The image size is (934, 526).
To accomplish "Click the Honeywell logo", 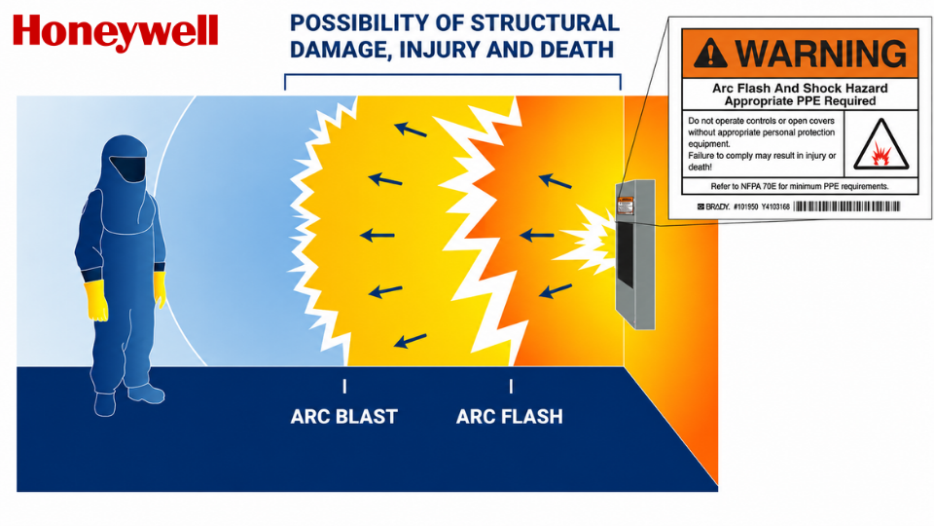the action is click(x=116, y=32).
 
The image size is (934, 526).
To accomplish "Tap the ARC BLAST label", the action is click(x=344, y=416).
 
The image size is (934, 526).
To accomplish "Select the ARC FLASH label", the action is click(x=510, y=416).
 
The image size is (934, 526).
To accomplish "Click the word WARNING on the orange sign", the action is click(x=821, y=53).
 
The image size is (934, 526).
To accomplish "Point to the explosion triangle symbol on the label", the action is click(x=881, y=145).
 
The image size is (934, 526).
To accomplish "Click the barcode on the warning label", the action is click(x=847, y=207).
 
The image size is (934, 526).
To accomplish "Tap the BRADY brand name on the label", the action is click(x=713, y=207).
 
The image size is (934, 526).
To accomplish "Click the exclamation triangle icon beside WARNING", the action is click(x=710, y=53).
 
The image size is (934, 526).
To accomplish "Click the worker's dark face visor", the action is click(x=128, y=169).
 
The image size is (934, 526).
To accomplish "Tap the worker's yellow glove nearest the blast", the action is click(x=159, y=289).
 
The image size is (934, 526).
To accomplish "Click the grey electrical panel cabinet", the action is click(x=635, y=254).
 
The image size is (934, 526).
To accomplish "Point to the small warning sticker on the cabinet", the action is click(x=626, y=206).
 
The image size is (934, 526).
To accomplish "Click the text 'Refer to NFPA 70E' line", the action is click(x=800, y=187).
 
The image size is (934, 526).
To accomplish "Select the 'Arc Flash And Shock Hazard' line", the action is click(x=800, y=89).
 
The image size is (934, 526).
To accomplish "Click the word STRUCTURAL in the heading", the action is click(x=545, y=23).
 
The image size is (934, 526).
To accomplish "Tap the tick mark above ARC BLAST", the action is click(x=344, y=387).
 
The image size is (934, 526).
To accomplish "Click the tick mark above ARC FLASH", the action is click(x=511, y=387).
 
